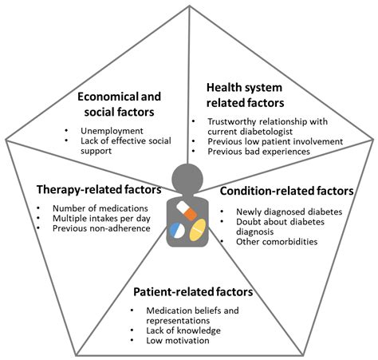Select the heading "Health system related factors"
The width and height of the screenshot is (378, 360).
[247, 94]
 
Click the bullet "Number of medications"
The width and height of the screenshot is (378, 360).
[90, 208]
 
